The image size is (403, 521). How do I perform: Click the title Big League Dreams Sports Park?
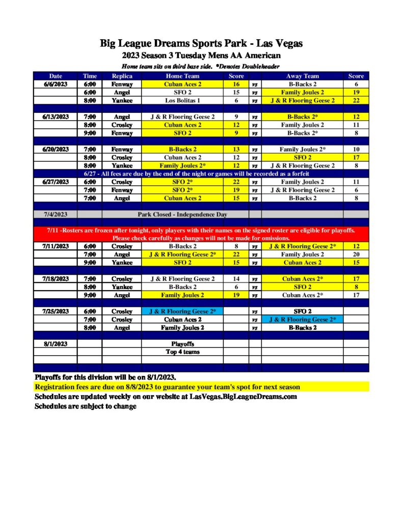point(201,43)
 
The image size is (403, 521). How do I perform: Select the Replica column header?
point(122,76)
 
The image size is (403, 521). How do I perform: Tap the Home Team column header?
point(182,76)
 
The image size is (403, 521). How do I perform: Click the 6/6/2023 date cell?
point(56,84)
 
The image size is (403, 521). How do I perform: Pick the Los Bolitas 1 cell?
point(182,101)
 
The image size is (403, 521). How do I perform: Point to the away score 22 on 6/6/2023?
point(356,101)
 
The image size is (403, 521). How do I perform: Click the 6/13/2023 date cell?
point(56,117)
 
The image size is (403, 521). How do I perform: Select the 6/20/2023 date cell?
point(56,150)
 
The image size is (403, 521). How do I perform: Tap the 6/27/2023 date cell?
point(56,182)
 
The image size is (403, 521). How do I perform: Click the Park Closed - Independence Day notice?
point(182,214)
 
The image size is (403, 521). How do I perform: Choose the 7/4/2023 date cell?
point(56,214)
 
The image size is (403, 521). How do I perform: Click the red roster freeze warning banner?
point(201,234)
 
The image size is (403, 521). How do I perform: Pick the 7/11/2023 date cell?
point(56,246)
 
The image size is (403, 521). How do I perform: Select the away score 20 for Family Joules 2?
point(356,254)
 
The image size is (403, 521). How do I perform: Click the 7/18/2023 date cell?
point(56,279)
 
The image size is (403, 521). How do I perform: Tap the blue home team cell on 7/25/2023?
point(182,311)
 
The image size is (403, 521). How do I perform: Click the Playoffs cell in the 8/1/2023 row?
point(182,344)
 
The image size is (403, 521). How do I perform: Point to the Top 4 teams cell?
point(182,352)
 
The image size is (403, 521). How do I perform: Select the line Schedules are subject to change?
point(86,406)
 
